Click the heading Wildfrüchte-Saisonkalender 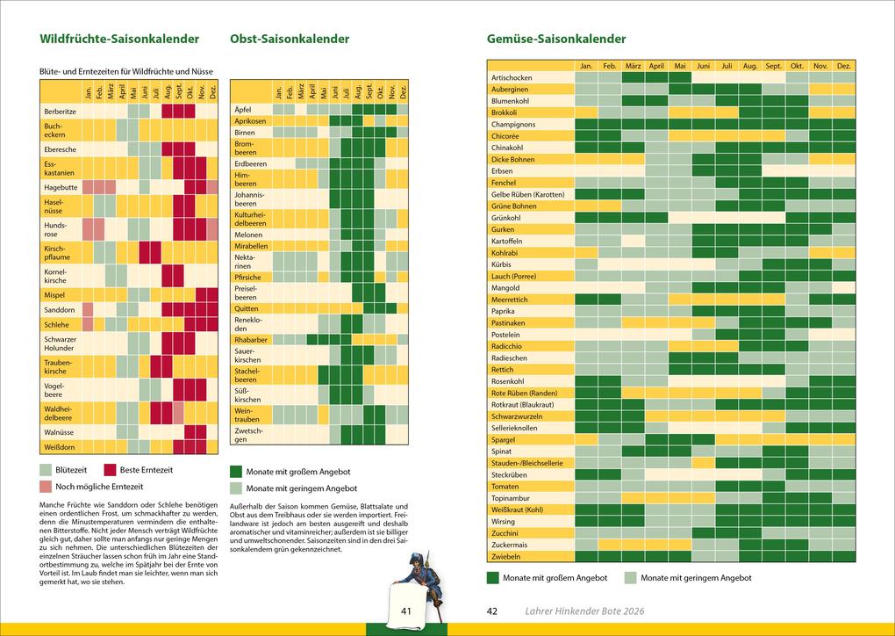119,40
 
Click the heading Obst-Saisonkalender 290,40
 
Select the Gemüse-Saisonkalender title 556,40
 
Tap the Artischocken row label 512,77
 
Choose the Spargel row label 504,439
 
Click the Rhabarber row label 251,339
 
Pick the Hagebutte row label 61,187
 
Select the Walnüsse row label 60,432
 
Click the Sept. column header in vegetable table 773,66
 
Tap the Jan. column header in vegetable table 586,66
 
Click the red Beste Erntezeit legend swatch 111,470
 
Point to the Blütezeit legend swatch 46,470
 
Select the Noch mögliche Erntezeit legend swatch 46,487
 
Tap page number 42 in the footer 492,611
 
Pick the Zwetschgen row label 249,435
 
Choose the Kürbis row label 502,264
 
